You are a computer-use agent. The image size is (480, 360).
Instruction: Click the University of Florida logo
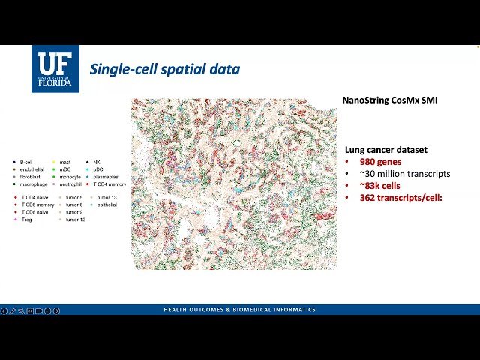(x=55, y=68)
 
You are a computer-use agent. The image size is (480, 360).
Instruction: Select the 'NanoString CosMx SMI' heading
(x=389, y=100)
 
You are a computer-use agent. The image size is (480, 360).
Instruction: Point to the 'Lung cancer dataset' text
(x=386, y=150)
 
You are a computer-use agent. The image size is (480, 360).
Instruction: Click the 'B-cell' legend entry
(x=27, y=162)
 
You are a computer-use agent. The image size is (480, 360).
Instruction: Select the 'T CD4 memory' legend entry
(x=109, y=184)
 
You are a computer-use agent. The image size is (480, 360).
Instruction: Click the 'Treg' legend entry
(x=26, y=220)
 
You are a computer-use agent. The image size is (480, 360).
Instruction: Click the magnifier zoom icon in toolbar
(x=21, y=310)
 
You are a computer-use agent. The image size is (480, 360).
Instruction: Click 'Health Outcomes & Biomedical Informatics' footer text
(x=240, y=310)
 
